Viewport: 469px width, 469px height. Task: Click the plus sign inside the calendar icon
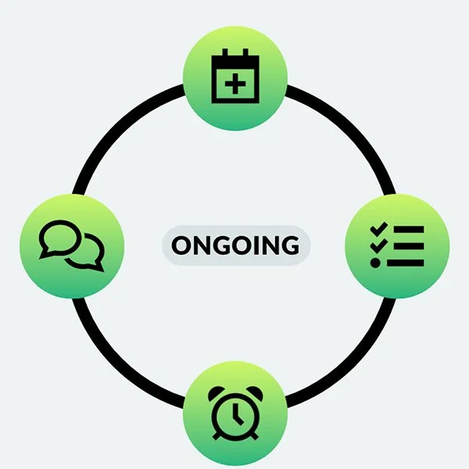(234, 81)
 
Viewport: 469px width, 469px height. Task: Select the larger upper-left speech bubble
(59, 237)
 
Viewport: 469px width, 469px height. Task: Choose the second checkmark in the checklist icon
(379, 245)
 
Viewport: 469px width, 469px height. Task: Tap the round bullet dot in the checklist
(376, 263)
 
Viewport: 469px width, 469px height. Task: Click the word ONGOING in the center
(235, 245)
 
